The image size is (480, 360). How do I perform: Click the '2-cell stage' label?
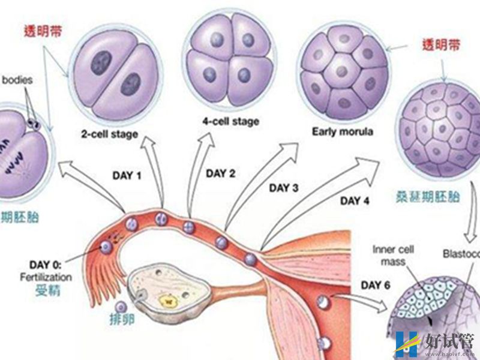point(109,134)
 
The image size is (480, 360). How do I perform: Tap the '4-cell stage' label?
point(230,121)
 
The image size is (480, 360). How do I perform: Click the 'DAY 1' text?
point(127,176)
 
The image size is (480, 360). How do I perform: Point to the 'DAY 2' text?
point(220,173)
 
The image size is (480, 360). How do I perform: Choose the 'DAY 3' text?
point(283,188)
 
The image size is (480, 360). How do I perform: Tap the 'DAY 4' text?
point(355,201)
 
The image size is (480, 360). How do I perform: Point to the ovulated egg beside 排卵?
point(121,307)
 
